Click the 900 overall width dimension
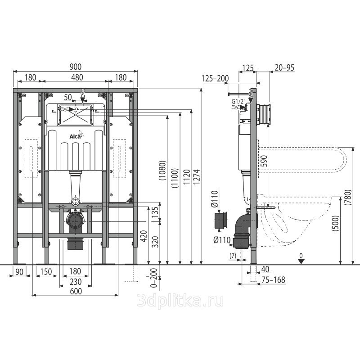pos(76,67)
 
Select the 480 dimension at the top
pos(77,77)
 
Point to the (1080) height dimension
pos(162,171)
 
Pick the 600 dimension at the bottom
pos(76,291)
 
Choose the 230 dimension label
pos(76,282)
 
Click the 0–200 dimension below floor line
pos(154,278)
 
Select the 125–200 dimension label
pos(216,78)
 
